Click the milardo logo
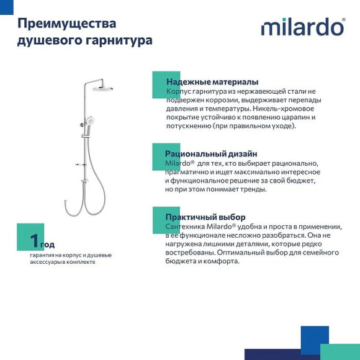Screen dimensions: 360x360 pyautogui.click(x=302, y=27)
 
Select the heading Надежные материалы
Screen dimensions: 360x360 pyautogui.click(x=212, y=82)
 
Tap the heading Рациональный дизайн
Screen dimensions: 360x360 pyautogui.click(x=211, y=153)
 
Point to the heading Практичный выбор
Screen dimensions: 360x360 pyautogui.click(x=205, y=217)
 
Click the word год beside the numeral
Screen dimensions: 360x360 pyautogui.click(x=48, y=245)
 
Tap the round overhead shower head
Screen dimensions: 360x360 pyautogui.click(x=103, y=88)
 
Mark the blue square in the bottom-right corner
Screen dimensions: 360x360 pyautogui.click(x=315, y=339)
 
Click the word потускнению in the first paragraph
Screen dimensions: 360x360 pyautogui.click(x=188, y=125)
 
